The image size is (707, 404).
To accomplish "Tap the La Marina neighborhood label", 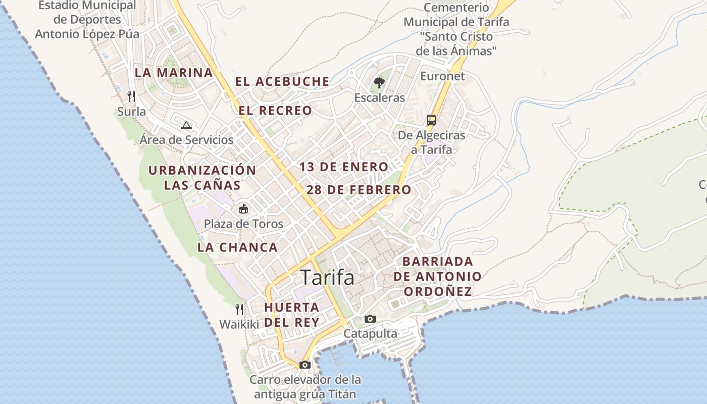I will tap(174, 72).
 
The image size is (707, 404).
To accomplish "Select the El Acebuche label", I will tap(282, 81).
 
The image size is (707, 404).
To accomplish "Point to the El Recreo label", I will tap(275, 111).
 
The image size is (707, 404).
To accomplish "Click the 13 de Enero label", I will tap(344, 167).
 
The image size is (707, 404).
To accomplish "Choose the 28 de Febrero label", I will tap(359, 190).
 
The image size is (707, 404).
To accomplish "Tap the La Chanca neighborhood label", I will tap(237, 247).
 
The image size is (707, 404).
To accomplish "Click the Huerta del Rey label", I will tap(292, 315).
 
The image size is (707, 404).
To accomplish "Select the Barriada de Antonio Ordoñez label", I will tap(437, 276).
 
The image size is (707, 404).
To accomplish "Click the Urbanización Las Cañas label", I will tap(202, 177).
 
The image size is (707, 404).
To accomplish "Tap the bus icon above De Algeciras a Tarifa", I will tap(431, 120).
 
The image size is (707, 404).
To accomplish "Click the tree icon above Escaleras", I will tap(379, 82).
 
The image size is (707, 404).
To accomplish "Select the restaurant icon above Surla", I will tap(131, 96).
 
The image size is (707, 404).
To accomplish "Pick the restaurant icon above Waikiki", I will tap(239, 309).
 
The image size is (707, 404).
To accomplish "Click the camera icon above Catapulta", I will tap(370, 319).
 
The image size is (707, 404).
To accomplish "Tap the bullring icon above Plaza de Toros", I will tap(243, 208).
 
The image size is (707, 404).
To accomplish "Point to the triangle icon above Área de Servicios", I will tap(186, 125).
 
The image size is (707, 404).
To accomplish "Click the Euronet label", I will tap(442, 76).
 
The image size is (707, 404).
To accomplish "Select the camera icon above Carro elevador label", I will tap(305, 365).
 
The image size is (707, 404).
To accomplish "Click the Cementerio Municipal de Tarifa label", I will tap(456, 29).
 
